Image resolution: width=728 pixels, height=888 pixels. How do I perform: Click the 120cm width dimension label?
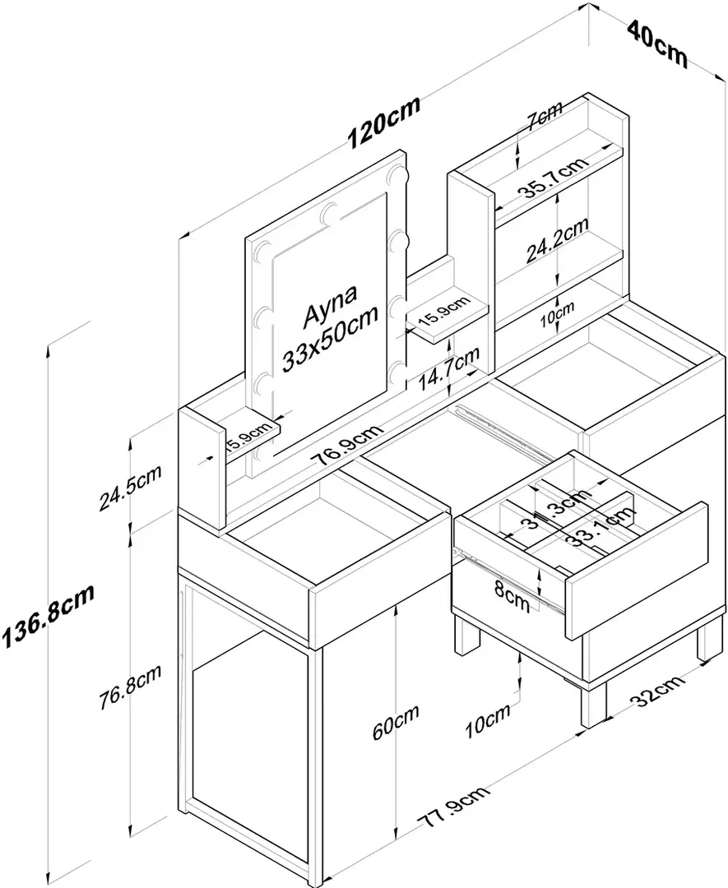pos(383,123)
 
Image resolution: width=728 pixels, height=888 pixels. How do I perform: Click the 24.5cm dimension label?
pos(130,488)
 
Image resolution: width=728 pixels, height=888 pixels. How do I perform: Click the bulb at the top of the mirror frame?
pos(332,212)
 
